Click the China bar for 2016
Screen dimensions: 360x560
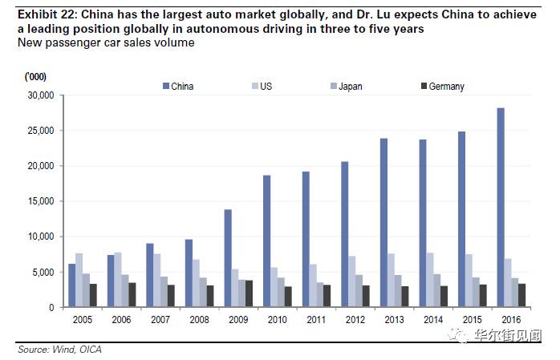[501, 208]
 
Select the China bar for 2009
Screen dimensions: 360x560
[228, 258]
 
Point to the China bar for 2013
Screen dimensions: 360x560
[383, 223]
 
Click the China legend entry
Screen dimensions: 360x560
[177, 87]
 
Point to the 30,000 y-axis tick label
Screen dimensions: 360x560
[39, 95]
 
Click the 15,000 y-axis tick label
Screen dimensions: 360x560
[39, 201]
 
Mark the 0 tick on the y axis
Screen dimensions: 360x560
[50, 308]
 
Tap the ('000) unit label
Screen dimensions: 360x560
[38, 76]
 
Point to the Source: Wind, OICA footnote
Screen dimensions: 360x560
[60, 350]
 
